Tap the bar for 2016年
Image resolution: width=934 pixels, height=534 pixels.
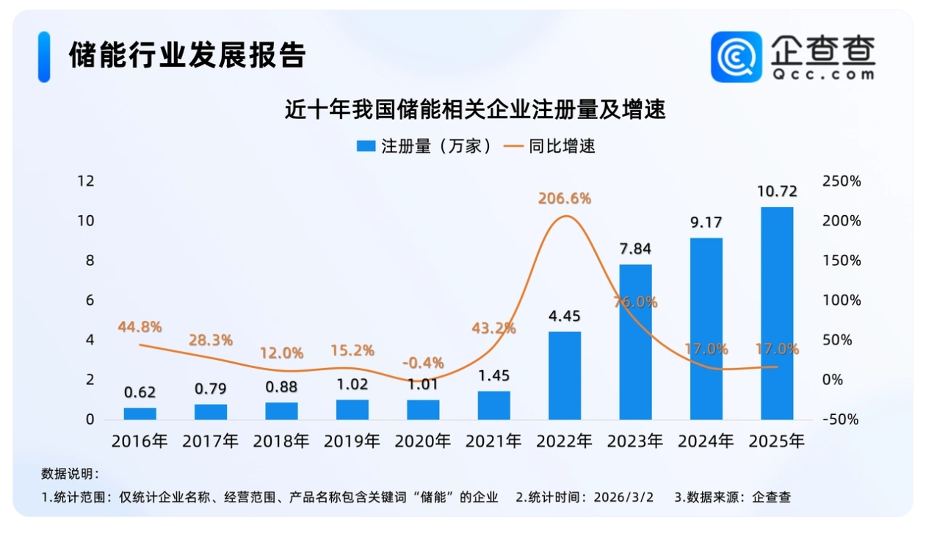[x=140, y=414]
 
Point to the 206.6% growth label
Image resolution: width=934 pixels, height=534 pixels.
[x=565, y=198]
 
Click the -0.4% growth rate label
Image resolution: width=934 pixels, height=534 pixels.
[x=424, y=362]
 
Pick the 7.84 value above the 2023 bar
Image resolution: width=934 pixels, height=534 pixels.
[x=635, y=248]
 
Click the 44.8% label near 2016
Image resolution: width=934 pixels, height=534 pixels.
[x=140, y=327]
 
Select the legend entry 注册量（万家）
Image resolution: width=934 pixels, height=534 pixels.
[x=424, y=145]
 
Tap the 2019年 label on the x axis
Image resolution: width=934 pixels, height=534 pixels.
[x=352, y=441]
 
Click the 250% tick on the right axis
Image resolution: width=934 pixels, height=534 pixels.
[x=842, y=181]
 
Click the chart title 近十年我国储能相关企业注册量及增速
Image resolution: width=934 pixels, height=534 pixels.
[x=475, y=110]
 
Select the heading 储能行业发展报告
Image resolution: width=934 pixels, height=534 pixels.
[x=187, y=55]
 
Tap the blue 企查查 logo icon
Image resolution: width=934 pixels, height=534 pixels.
[x=736, y=57]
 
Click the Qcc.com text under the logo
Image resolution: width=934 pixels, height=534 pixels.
[x=822, y=74]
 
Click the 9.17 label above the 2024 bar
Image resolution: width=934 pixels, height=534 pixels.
[x=706, y=222]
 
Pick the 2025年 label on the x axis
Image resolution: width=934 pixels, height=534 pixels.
[x=777, y=441]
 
